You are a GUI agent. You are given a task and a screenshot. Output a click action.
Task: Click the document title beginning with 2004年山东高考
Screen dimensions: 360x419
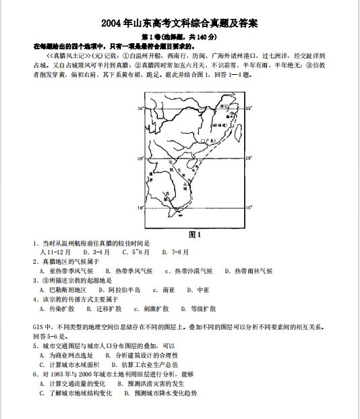(x=179, y=23)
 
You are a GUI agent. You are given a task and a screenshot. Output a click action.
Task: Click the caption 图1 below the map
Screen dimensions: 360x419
(x=195, y=234)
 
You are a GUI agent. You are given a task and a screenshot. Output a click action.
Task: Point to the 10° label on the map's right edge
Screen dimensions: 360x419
(x=248, y=208)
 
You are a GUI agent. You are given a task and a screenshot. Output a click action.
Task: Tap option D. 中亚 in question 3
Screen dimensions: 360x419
(x=200, y=289)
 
